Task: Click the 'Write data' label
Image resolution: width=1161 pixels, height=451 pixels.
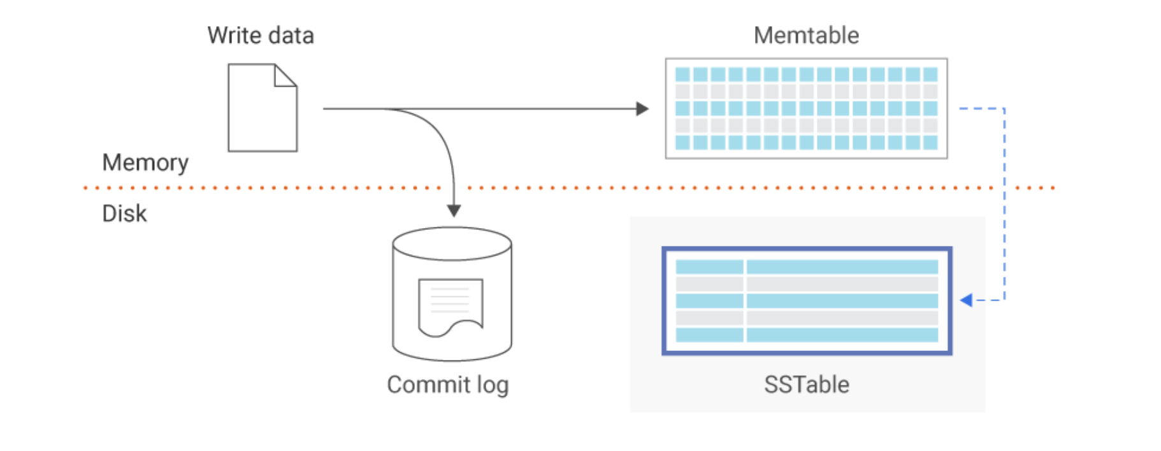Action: point(261,36)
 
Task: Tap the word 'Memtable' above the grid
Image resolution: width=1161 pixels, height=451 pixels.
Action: point(806,36)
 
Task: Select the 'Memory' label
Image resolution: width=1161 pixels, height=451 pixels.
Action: point(145,163)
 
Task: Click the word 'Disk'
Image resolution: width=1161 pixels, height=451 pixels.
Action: point(124,213)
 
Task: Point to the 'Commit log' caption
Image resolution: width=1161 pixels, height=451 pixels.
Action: point(447,385)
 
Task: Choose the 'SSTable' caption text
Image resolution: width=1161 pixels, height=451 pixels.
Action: point(806,385)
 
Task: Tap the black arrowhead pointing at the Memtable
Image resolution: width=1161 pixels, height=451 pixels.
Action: point(642,109)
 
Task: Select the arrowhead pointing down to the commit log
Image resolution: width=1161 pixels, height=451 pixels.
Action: point(454,211)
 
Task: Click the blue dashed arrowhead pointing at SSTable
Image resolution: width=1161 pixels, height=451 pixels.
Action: point(966,300)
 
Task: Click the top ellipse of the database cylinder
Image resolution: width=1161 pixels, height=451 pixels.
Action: point(452,244)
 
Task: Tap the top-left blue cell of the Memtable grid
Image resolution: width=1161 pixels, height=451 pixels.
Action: point(682,75)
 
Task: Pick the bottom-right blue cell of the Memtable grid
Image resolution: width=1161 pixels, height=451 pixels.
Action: point(930,143)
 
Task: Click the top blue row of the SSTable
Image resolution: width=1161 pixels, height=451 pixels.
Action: point(807,267)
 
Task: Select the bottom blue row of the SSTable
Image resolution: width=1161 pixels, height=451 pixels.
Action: point(807,335)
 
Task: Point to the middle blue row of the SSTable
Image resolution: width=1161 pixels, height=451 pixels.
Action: point(807,301)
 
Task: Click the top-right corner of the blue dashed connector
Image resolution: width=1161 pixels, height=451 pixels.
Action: point(1004,109)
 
